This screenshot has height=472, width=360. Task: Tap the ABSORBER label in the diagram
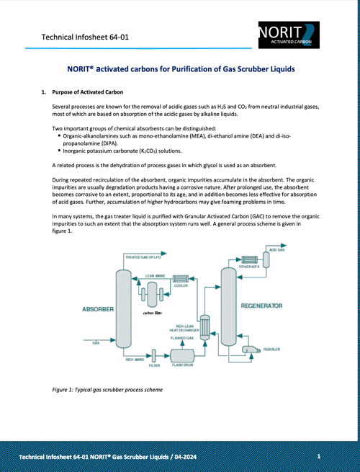coord(98,309)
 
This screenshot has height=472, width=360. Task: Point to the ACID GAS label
coord(276,249)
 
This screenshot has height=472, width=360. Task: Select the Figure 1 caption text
coord(107,390)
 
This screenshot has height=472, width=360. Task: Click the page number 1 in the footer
coord(319,457)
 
